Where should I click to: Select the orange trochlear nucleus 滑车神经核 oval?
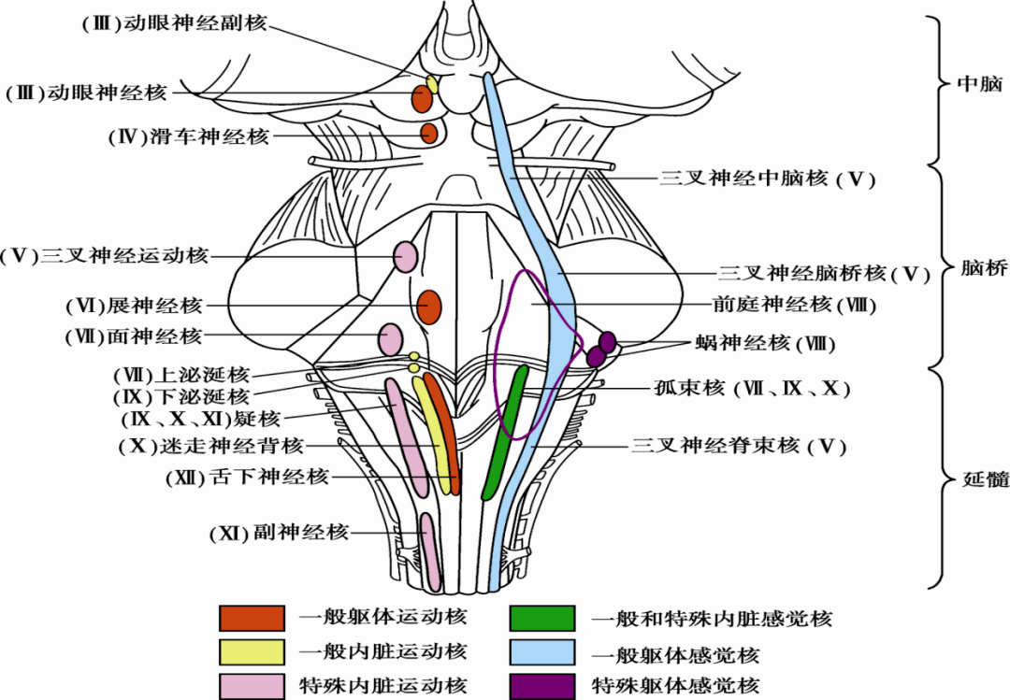coord(429,134)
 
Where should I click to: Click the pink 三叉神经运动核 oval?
coord(405,256)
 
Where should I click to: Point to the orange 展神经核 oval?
coord(429,306)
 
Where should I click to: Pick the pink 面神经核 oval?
coord(391,338)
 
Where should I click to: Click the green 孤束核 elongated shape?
coord(506,430)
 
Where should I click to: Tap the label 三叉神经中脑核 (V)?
coord(767,179)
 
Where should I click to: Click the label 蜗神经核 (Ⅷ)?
coord(763,343)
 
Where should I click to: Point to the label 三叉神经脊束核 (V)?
coord(739,447)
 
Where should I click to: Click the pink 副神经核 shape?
coord(430,551)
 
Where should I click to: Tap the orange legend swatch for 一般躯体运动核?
coord(252,618)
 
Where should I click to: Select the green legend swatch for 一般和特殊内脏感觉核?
coord(542,618)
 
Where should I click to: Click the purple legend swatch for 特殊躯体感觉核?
coord(542,686)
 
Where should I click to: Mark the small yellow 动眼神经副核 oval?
coord(433,83)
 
